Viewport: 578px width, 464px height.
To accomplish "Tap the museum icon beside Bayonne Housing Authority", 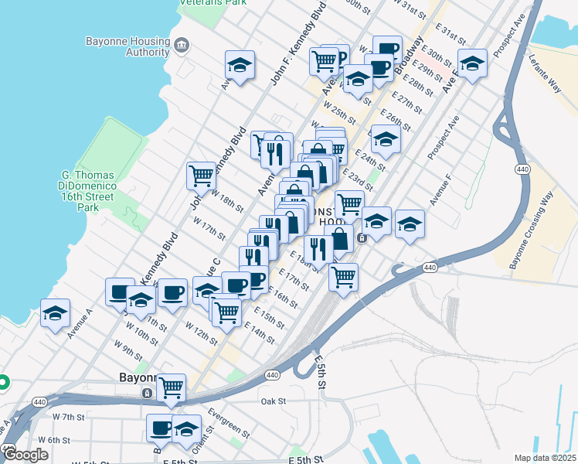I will pyautogui.click(x=181, y=46).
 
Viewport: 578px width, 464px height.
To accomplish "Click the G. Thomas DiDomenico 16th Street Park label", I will pyautogui.click(x=88, y=191).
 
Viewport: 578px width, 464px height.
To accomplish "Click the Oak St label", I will pyautogui.click(x=273, y=401).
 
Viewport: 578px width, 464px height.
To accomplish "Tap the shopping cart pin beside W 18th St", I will pyautogui.click(x=201, y=175).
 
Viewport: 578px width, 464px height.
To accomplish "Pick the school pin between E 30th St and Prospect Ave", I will pyautogui.click(x=472, y=64).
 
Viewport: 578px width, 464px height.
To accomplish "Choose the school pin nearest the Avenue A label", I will pyautogui.click(x=55, y=312).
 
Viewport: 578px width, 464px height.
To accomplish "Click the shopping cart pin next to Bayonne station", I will pyautogui.click(x=171, y=387).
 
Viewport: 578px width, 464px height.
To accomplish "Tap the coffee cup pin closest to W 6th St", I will pyautogui.click(x=161, y=427).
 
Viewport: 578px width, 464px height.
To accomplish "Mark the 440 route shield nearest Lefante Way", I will pyautogui.click(x=523, y=168).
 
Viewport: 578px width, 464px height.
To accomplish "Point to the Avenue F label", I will pyautogui.click(x=440, y=203).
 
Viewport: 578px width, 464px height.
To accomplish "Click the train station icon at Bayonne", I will pyautogui.click(x=147, y=393).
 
